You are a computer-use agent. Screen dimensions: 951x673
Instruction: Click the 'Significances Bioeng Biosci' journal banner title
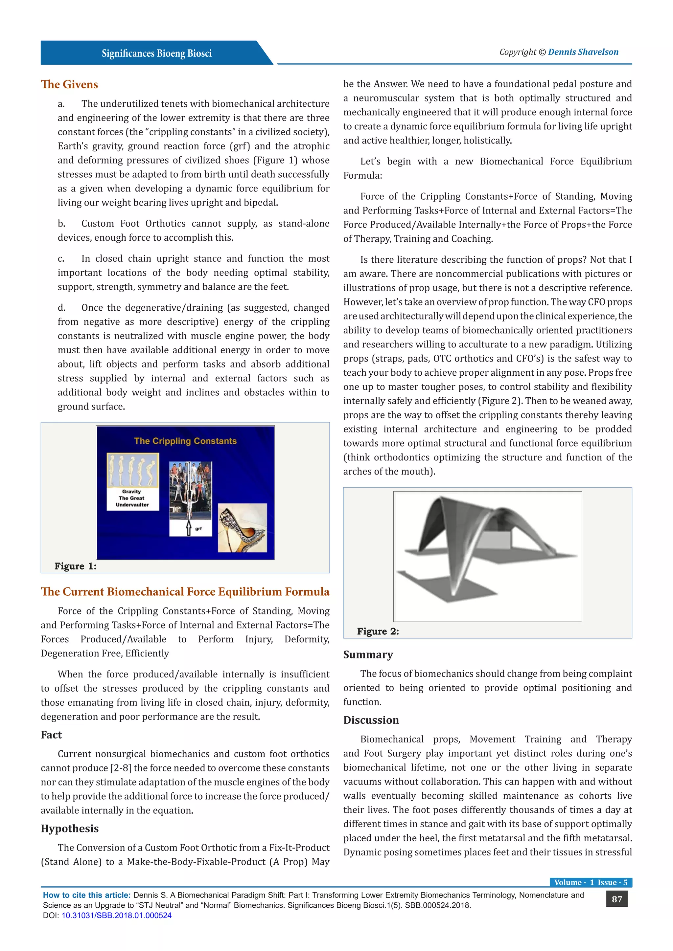coord(157,54)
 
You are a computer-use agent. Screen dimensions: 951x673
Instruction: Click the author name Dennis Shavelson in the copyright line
coord(583,52)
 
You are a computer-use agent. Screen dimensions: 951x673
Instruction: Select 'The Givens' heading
coord(69,84)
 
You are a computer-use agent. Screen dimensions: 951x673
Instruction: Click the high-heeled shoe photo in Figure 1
coord(243,528)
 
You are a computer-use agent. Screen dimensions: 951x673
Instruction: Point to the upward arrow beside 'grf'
coord(189,528)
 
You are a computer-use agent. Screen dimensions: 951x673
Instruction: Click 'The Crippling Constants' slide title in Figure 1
coord(185,441)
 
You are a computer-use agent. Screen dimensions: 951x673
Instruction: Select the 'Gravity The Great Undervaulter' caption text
coord(132,498)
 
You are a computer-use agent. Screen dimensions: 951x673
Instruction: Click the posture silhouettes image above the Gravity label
coord(133,470)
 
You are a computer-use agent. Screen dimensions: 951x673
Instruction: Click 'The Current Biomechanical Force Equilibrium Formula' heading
coord(185,592)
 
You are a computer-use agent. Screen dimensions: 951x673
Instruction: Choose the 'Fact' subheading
coord(51,735)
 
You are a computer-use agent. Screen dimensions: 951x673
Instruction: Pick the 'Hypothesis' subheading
coord(70,829)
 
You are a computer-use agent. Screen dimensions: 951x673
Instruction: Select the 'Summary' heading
coord(368,654)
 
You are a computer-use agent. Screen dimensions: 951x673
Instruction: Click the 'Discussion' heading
coord(371,720)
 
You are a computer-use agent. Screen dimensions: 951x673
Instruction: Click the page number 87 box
coord(616,899)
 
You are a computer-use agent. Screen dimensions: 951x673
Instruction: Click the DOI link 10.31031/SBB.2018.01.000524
coord(116,916)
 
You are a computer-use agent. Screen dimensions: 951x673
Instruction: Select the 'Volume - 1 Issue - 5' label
coord(591,882)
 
